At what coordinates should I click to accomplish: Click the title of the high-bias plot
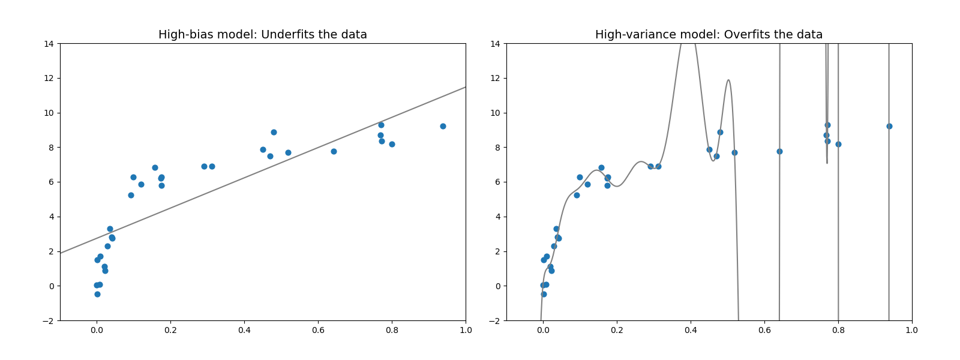pyautogui.click(x=262, y=35)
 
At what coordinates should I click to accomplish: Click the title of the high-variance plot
pyautogui.click(x=709, y=35)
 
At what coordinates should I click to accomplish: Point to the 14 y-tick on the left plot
pyautogui.click(x=49, y=44)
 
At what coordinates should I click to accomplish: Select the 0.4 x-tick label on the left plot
pyautogui.click(x=244, y=330)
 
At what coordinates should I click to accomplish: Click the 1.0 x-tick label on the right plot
pyautogui.click(x=912, y=330)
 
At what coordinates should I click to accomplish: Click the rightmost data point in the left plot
pyautogui.click(x=443, y=126)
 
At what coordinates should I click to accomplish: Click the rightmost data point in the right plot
pyautogui.click(x=889, y=126)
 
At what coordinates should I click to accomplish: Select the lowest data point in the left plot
pyautogui.click(x=97, y=294)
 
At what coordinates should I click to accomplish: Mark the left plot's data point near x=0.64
pyautogui.click(x=334, y=151)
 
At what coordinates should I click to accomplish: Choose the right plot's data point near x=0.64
pyautogui.click(x=779, y=151)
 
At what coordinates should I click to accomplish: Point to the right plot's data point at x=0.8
pyautogui.click(x=838, y=144)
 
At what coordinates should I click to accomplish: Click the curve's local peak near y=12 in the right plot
pyautogui.click(x=728, y=80)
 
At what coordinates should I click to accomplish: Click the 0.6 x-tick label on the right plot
pyautogui.click(x=764, y=330)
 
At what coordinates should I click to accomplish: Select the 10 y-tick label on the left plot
pyautogui.click(x=49, y=113)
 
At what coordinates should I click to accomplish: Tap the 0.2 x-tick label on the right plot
pyautogui.click(x=617, y=330)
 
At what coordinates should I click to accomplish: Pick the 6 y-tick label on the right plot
pyautogui.click(x=497, y=182)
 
